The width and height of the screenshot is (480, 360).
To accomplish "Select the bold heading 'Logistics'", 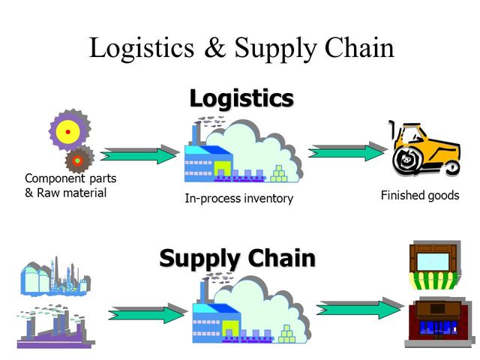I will point(241,98).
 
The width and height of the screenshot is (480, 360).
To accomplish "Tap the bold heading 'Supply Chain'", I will point(237,259).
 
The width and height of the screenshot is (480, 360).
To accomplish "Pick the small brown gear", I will point(78,159).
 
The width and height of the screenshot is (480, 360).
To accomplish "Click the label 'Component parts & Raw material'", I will point(70,186).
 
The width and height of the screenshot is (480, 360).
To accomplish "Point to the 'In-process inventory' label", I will point(238,199).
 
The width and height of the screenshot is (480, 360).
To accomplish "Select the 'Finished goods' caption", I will point(419,196).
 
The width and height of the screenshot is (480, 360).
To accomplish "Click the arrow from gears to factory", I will point(139,155).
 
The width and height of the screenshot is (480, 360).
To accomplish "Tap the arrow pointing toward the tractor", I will point(346,151).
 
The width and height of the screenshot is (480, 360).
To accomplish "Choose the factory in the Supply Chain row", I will point(247,311).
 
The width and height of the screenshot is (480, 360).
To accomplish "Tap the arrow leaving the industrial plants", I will point(147,313).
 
